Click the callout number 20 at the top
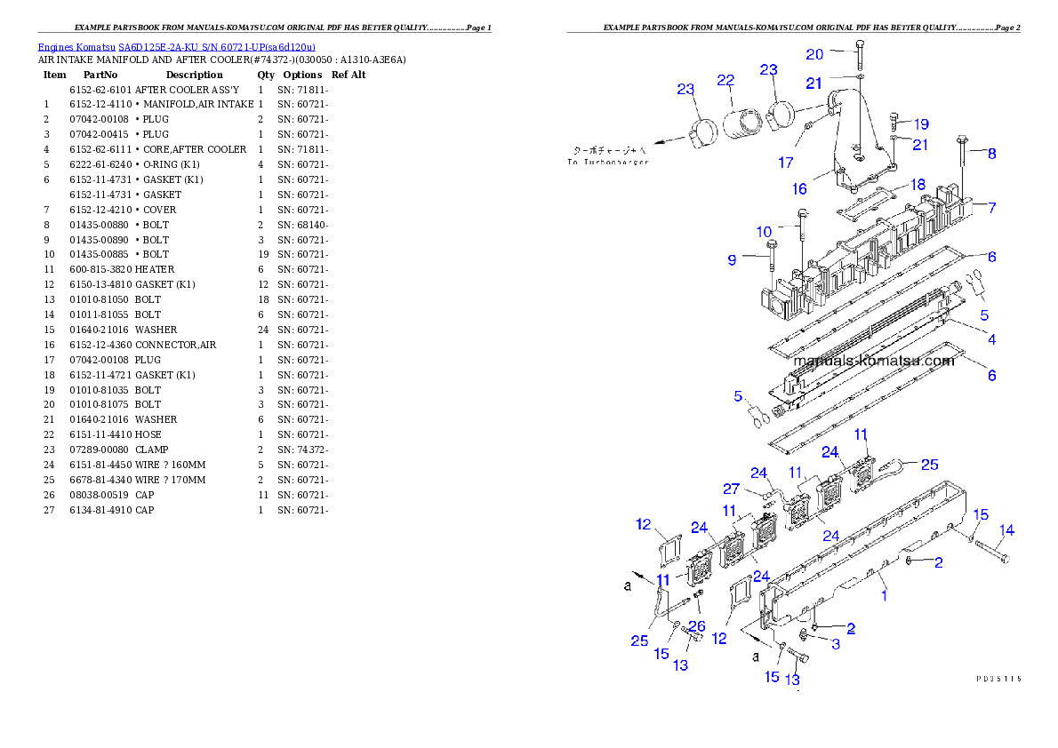click(814, 54)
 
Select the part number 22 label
click(725, 80)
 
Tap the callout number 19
click(920, 124)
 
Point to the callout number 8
click(991, 154)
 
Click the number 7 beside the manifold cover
click(991, 208)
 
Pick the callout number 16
click(799, 189)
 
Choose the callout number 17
click(786, 163)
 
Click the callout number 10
click(765, 232)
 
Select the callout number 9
click(733, 260)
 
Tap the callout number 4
click(991, 338)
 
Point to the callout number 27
click(731, 489)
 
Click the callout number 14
click(1006, 531)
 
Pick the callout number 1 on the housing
click(884, 596)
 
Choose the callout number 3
click(836, 644)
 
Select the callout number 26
click(697, 626)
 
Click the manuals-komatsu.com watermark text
click(872, 361)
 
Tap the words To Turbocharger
click(608, 162)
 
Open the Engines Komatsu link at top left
click(176, 47)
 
